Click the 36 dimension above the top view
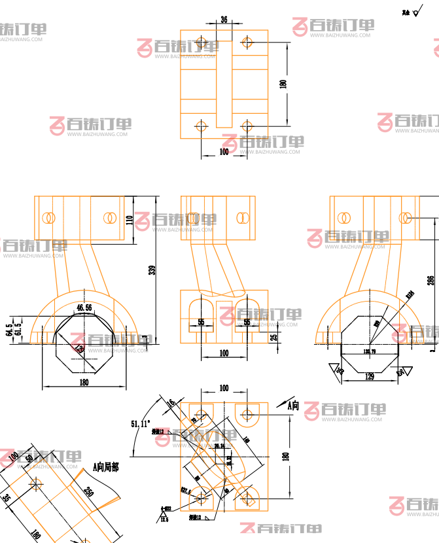[x=224, y=20]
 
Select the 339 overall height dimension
[x=152, y=270]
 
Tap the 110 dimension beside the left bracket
[x=130, y=220]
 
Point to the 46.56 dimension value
[x=84, y=307]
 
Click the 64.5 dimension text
[x=9, y=328]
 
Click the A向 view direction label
[x=294, y=406]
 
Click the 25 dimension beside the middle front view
[x=273, y=338]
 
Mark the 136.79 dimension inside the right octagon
[x=370, y=352]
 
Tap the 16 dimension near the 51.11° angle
[x=171, y=403]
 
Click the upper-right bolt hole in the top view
[x=247, y=42]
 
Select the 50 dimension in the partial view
[x=28, y=459]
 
